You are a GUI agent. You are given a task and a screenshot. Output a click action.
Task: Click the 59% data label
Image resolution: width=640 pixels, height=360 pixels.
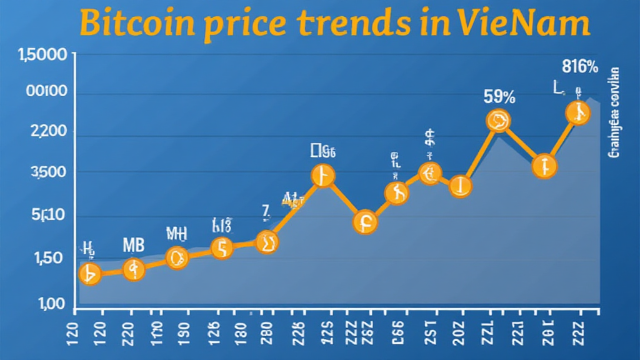tap(499, 97)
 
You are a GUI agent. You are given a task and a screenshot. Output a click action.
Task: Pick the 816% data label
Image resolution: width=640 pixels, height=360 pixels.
tap(581, 67)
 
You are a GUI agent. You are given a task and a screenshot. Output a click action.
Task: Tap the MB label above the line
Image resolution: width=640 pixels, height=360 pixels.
tap(133, 245)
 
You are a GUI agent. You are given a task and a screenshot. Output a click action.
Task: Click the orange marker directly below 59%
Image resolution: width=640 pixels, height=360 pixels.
tap(499, 120)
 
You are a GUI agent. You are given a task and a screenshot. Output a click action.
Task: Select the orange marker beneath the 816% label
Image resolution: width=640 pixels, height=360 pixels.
tap(577, 113)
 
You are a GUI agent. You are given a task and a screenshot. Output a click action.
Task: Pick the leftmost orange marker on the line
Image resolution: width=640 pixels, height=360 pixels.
tap(90, 274)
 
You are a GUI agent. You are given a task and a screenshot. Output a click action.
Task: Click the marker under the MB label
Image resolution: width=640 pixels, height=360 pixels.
tap(133, 269)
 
